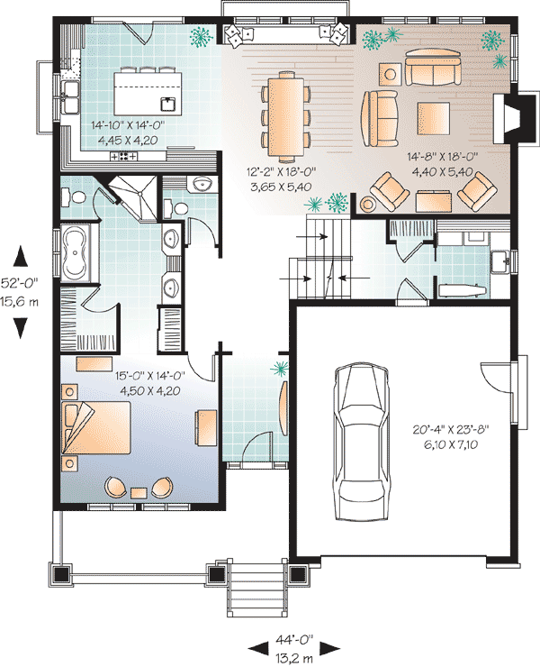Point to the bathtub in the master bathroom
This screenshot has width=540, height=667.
[76, 252]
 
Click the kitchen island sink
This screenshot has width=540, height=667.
[168, 104]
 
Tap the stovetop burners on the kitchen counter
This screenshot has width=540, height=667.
[123, 156]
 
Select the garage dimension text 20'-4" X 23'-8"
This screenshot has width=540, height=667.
[451, 429]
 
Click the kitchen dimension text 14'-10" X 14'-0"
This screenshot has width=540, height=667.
[128, 125]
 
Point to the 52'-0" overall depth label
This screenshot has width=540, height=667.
[19, 281]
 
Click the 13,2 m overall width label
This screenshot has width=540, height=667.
[294, 659]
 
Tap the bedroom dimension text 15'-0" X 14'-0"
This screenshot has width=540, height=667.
[150, 376]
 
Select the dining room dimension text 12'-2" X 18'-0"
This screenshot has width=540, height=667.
[282, 172]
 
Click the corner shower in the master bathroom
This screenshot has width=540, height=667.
[132, 196]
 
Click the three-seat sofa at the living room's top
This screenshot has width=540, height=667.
[433, 68]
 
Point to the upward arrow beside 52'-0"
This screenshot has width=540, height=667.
[21, 257]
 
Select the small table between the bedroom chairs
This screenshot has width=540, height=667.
[139, 493]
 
